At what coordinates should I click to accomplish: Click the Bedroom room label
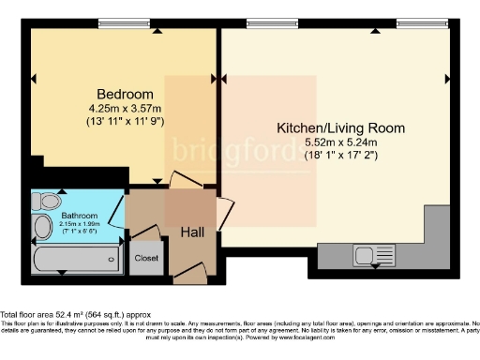(x=125, y=95)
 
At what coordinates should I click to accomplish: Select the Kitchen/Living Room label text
(x=340, y=127)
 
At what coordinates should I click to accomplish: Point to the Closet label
(x=146, y=257)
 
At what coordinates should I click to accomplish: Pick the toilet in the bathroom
(x=47, y=201)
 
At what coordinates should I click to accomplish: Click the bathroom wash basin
(x=43, y=228)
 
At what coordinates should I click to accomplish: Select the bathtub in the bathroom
(x=75, y=256)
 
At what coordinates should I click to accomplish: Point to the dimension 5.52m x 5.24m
(x=340, y=142)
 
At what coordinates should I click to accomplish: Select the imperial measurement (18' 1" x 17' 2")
(x=340, y=155)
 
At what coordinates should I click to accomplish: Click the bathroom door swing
(x=115, y=214)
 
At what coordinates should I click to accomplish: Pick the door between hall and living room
(x=223, y=214)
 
